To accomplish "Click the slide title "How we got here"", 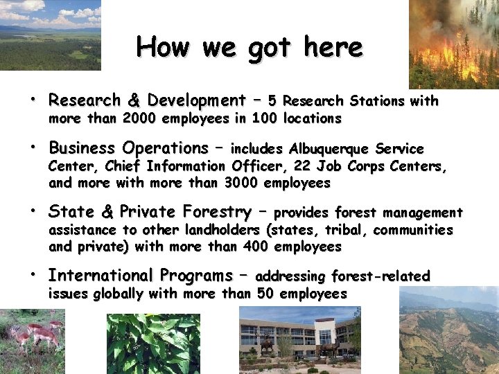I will pyautogui.click(x=249, y=47).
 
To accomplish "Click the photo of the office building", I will pyautogui.click(x=299, y=339).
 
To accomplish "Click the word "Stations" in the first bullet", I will pyautogui.click(x=377, y=101).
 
